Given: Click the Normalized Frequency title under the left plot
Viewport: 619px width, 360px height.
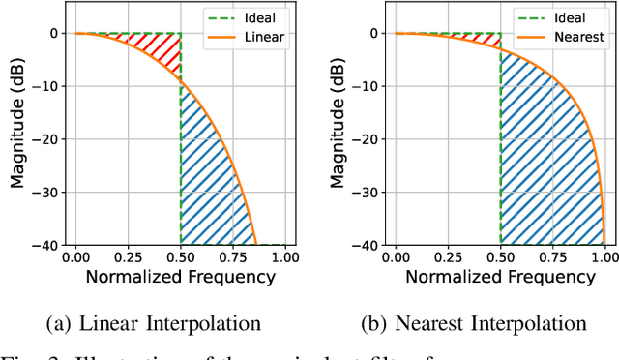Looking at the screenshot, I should [x=180, y=278].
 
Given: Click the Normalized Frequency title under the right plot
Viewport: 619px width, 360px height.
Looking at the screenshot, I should [x=499, y=278].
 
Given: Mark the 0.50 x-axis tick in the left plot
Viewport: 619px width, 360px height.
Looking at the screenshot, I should [x=181, y=258].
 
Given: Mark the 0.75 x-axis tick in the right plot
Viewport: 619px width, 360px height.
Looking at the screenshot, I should [x=551, y=258].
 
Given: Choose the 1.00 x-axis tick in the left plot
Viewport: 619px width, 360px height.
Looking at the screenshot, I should [x=284, y=258].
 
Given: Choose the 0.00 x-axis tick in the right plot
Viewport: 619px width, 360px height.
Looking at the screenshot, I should [x=396, y=258].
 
